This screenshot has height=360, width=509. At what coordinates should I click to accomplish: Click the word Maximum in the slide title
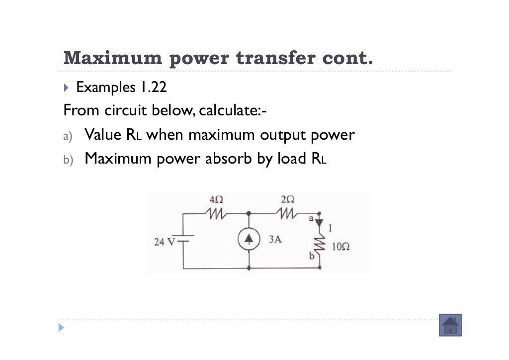pyautogui.click(x=112, y=59)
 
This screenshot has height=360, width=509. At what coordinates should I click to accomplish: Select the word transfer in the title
pyautogui.click(x=268, y=59)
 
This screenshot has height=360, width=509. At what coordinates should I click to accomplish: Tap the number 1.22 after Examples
pyautogui.click(x=153, y=88)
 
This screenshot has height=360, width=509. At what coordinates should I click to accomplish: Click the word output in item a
pyautogui.click(x=270, y=135)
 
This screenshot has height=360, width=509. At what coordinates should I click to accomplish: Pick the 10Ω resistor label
pyautogui.click(x=340, y=247)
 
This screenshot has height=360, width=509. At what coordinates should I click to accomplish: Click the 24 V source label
pyautogui.click(x=164, y=242)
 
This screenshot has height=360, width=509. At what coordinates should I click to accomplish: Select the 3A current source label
pyautogui.click(x=275, y=239)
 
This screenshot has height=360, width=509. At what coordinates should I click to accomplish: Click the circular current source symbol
pyautogui.click(x=249, y=240)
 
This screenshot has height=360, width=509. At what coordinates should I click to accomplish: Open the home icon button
pyautogui.click(x=450, y=325)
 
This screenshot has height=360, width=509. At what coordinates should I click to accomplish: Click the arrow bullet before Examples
pyautogui.click(x=68, y=89)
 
